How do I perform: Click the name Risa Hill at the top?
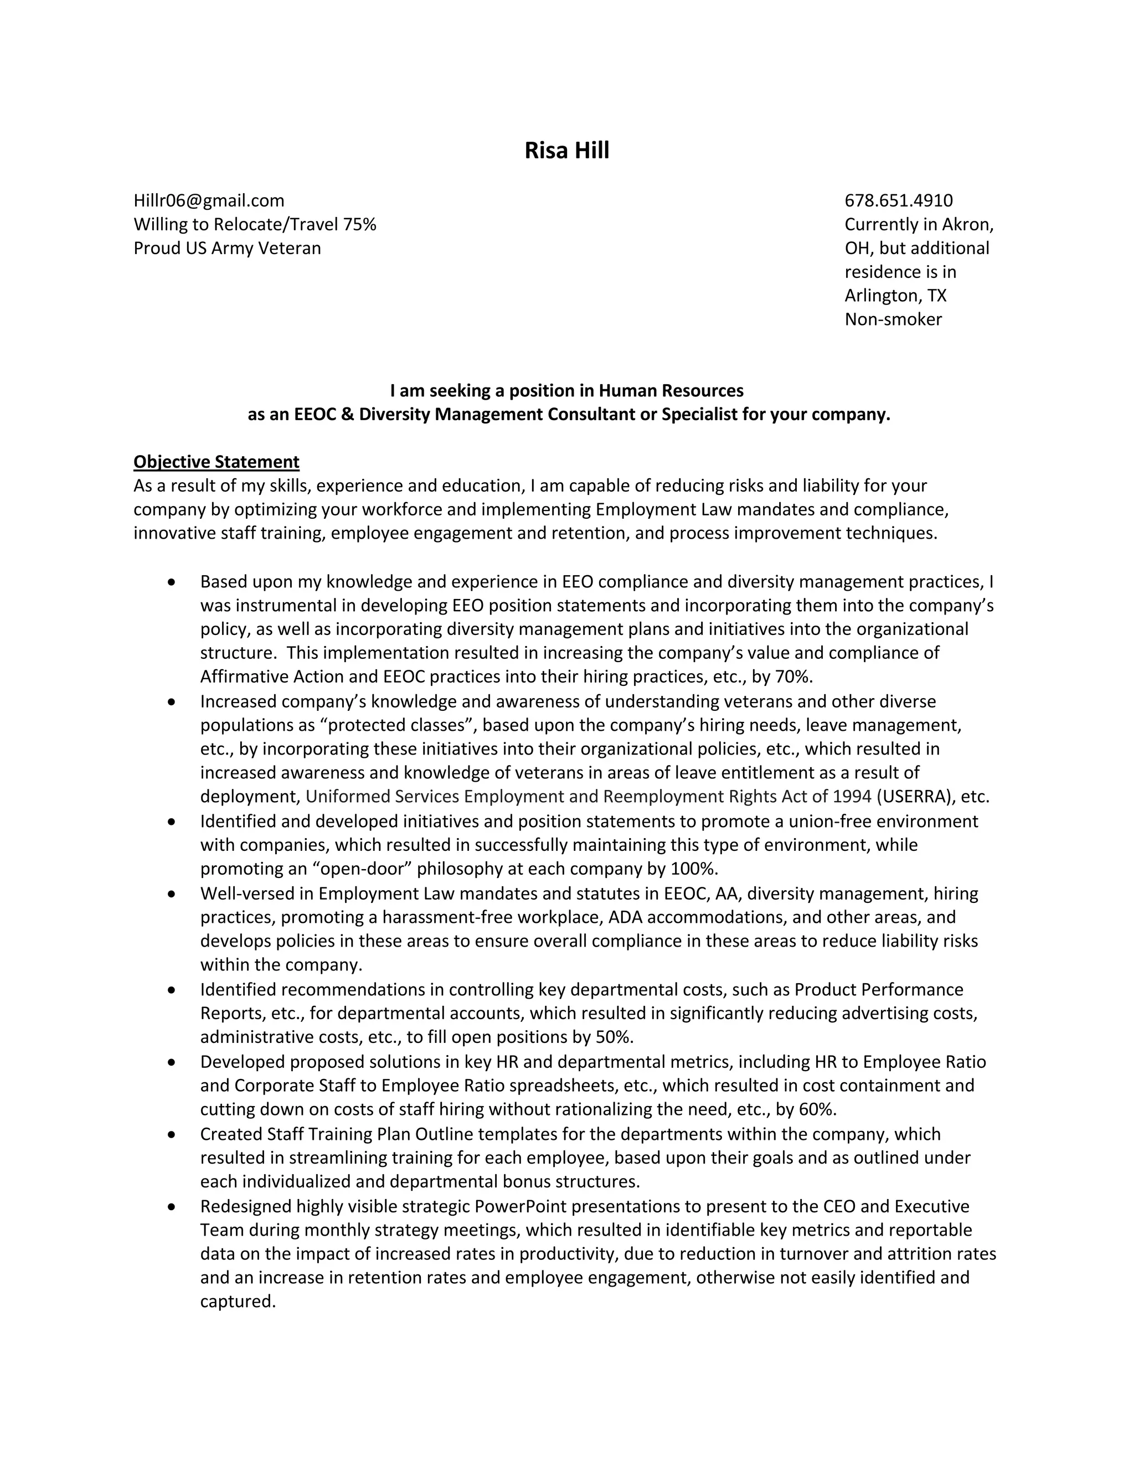tap(566, 151)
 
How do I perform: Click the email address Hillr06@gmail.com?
tap(209, 201)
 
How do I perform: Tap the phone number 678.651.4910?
tap(898, 201)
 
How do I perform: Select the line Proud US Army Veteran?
tap(227, 249)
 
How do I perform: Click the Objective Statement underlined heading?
tap(217, 462)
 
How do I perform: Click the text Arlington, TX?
tap(895, 296)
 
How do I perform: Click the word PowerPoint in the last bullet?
tap(520, 1206)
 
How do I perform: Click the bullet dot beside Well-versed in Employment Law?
tap(173, 894)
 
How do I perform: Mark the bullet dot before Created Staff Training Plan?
tap(173, 1134)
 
